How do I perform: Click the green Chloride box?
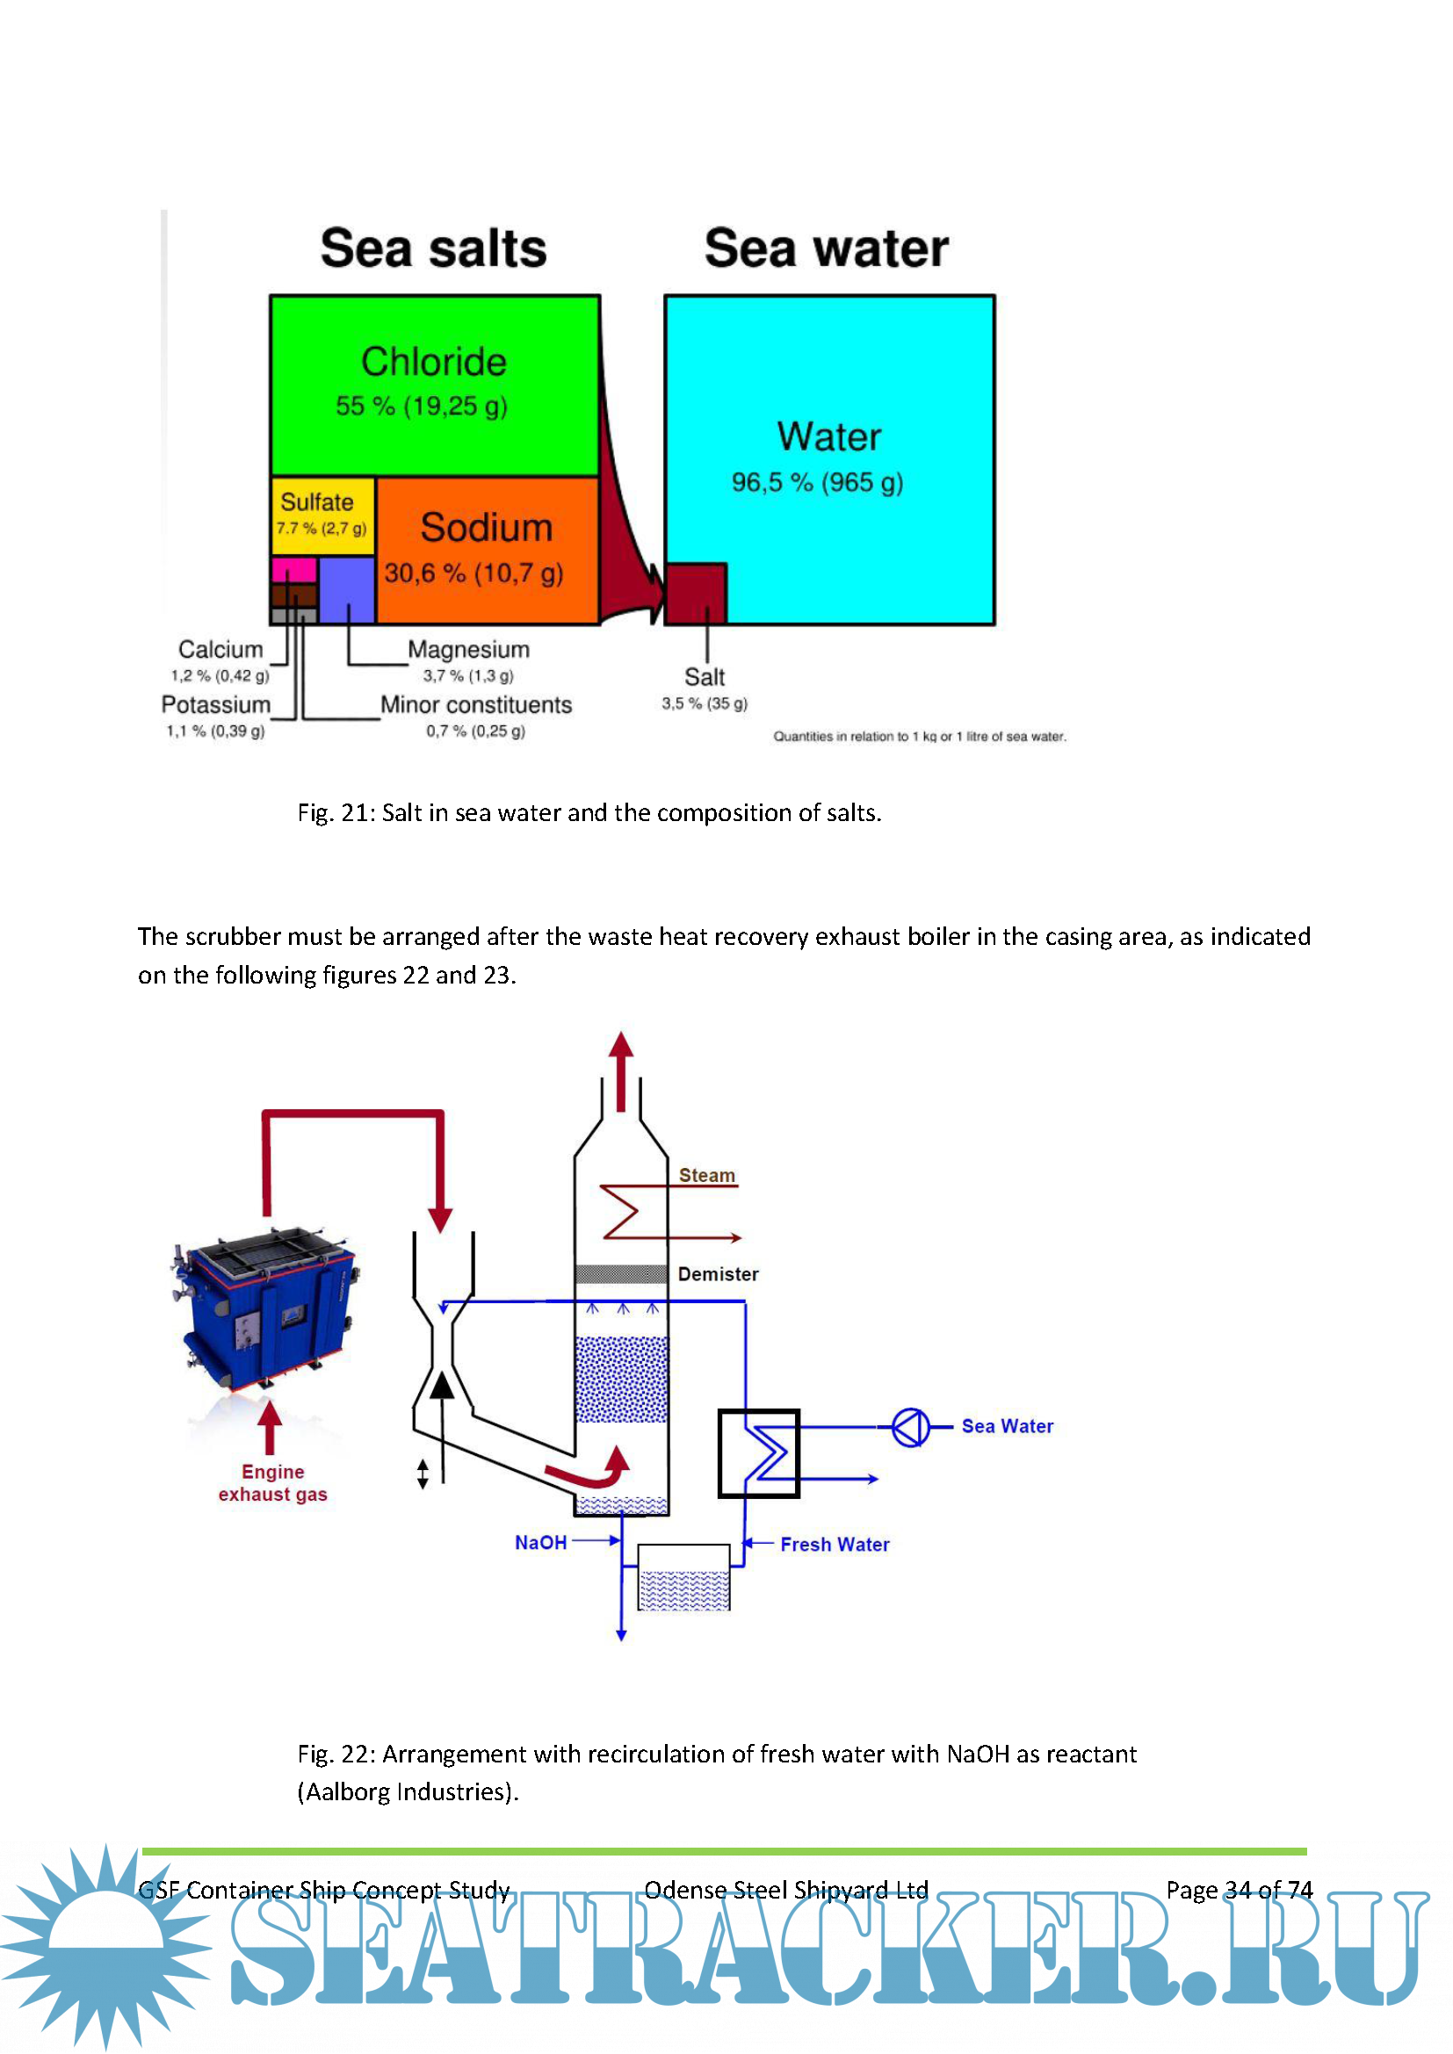point(435,385)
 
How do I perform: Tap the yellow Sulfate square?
point(322,515)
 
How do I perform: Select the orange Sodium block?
point(488,547)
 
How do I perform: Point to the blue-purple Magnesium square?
point(346,588)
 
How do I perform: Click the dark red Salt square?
point(695,592)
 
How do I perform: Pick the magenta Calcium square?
point(293,569)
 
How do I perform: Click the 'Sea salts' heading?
point(433,248)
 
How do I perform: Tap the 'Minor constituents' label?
point(476,705)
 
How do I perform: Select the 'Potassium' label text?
point(215,705)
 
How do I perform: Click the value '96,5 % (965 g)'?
point(817,483)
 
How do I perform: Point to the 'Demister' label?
point(718,1274)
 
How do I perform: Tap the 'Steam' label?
point(707,1176)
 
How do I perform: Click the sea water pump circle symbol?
point(911,1427)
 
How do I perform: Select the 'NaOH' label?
point(540,1542)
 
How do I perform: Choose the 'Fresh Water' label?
point(835,1544)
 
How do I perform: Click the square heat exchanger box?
point(759,1452)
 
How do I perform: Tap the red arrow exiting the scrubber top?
point(621,1069)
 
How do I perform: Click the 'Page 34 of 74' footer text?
point(1240,1890)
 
